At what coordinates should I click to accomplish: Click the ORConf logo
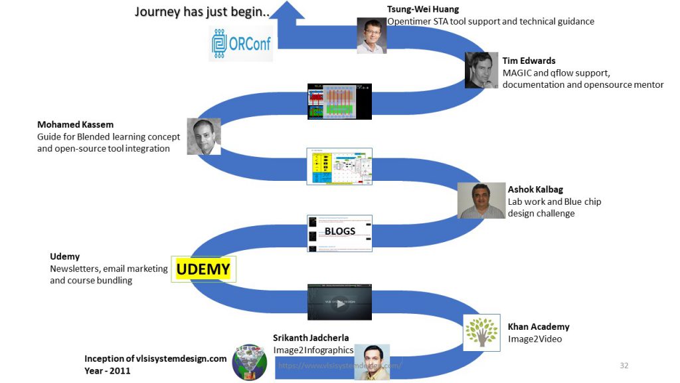(x=241, y=43)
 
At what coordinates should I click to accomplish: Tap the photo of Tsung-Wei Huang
(x=371, y=35)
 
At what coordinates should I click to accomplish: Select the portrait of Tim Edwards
(x=481, y=70)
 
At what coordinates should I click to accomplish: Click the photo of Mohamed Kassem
(x=203, y=137)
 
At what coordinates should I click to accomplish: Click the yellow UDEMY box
(x=203, y=269)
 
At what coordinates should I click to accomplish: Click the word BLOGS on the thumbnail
(x=340, y=231)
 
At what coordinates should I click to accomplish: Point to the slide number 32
(x=624, y=366)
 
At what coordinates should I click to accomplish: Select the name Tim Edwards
(x=529, y=61)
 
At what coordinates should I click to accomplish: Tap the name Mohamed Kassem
(x=75, y=124)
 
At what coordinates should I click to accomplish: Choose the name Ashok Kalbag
(x=535, y=190)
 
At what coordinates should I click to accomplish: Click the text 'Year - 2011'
(x=108, y=370)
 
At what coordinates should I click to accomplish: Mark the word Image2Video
(x=535, y=338)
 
